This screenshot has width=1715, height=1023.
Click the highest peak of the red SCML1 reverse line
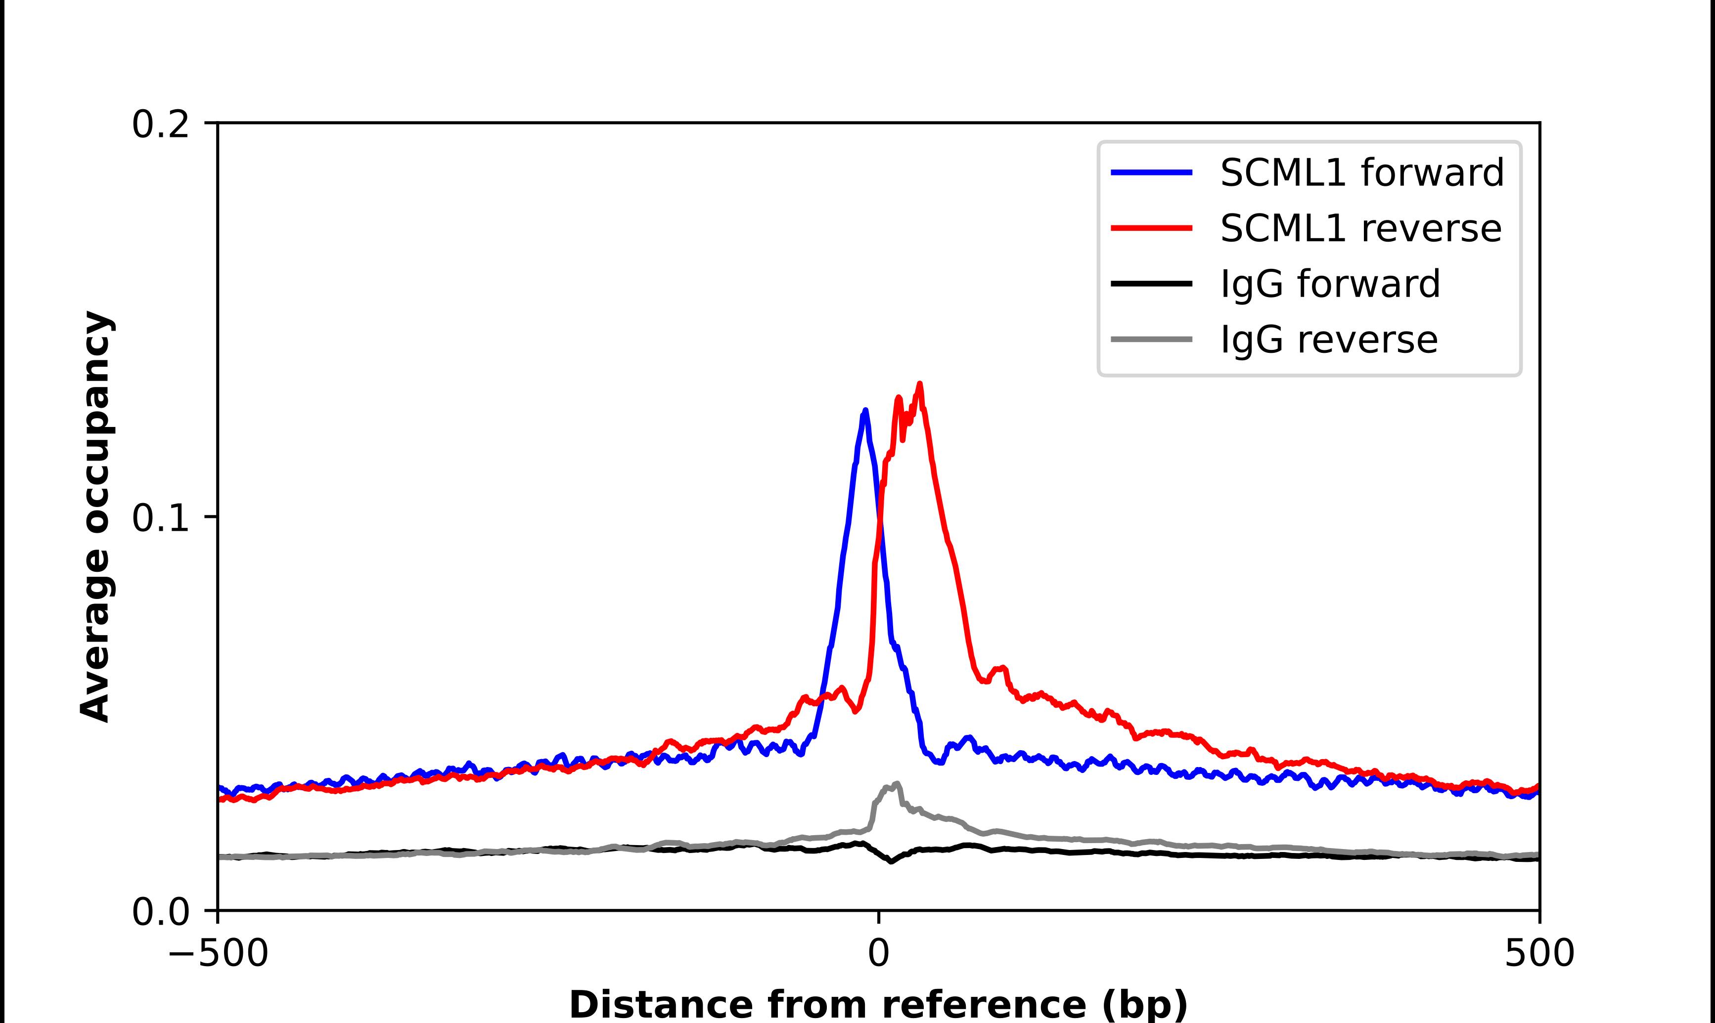[x=919, y=384]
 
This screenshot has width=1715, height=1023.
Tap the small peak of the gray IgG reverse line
[x=897, y=783]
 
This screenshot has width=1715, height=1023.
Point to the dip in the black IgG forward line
[x=891, y=861]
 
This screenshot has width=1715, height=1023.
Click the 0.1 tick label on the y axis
[x=160, y=518]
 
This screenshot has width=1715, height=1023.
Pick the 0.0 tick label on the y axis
[x=160, y=912]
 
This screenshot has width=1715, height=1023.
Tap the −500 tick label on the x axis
[x=219, y=954]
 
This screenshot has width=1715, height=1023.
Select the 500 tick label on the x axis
[x=1539, y=954]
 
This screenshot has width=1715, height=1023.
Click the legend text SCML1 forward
[x=1362, y=172]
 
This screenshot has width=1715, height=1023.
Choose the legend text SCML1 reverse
[x=1360, y=228]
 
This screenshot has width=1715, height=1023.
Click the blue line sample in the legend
[x=1152, y=172]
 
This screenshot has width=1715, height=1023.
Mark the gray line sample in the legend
[x=1152, y=339]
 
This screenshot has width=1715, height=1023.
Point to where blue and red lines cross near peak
[x=879, y=524]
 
